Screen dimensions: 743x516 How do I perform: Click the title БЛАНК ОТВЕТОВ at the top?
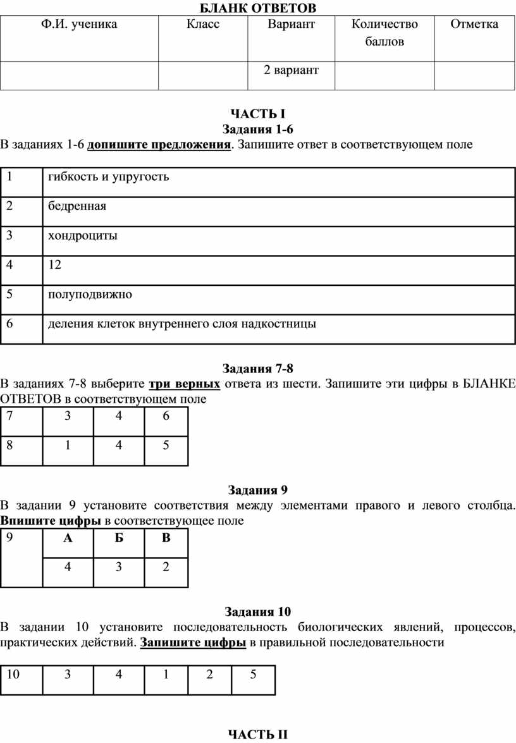258,8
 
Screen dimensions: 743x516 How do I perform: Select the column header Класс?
203,25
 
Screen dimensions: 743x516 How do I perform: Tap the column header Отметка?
474,25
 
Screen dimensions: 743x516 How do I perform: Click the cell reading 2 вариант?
291,70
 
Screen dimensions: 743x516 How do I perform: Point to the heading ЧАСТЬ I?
258,114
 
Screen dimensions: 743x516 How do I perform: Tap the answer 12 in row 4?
54,265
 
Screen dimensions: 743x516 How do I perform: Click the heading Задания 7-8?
258,369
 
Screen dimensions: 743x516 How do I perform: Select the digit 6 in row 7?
166,415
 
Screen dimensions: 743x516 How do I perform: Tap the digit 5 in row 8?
166,445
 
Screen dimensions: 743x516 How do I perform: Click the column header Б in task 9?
118,538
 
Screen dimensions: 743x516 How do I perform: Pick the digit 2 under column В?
166,567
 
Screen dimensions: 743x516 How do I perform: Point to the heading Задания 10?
258,611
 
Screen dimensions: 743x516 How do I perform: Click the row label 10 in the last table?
13,675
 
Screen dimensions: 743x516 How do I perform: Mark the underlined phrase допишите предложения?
159,145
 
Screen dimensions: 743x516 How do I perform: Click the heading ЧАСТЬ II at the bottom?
258,734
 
